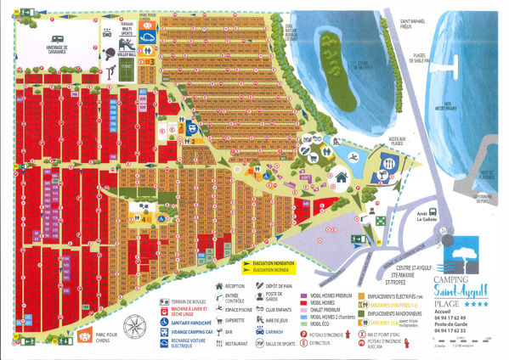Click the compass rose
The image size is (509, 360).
pos(133,327)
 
